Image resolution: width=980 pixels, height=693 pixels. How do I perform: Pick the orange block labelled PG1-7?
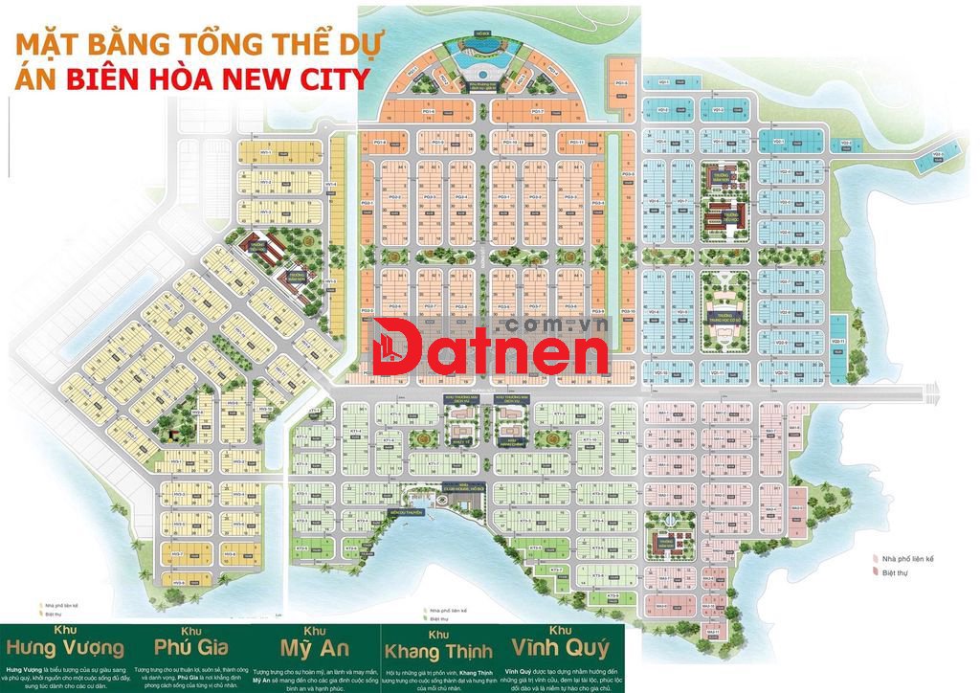point(537,112)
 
